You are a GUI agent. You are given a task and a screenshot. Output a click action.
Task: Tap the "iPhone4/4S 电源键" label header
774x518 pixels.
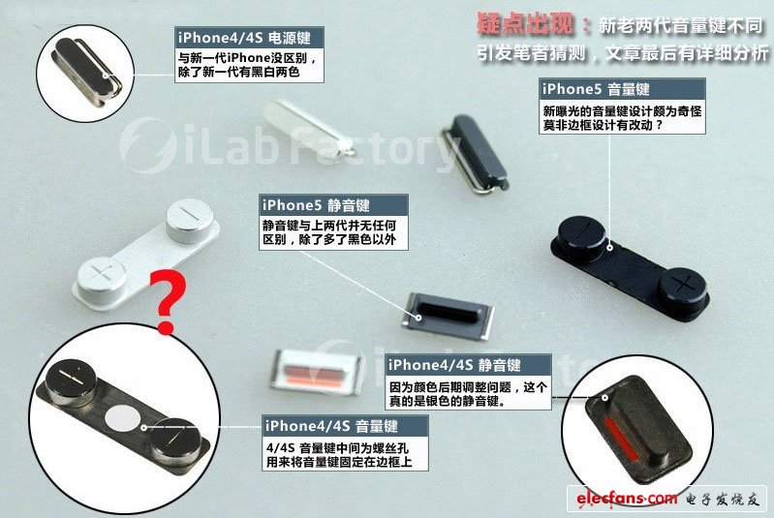(x=249, y=38)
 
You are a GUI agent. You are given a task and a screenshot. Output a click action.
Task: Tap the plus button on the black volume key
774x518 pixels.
(x=685, y=287)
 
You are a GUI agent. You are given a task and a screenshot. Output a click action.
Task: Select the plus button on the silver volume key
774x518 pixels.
(x=103, y=274)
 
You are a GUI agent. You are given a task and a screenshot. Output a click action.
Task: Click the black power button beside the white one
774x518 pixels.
(x=475, y=152)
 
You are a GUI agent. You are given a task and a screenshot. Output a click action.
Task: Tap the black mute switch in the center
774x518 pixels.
(x=449, y=317)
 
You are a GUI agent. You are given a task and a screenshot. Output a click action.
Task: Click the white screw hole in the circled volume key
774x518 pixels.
(x=122, y=417)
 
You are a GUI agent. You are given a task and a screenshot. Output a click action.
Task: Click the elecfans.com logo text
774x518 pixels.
(x=627, y=500)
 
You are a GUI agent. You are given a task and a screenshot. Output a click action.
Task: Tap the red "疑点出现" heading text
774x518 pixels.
(x=525, y=24)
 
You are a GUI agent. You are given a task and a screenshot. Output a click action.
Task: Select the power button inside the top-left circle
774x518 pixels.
(x=89, y=70)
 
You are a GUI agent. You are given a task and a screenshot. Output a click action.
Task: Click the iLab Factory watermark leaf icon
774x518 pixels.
(x=148, y=145)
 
